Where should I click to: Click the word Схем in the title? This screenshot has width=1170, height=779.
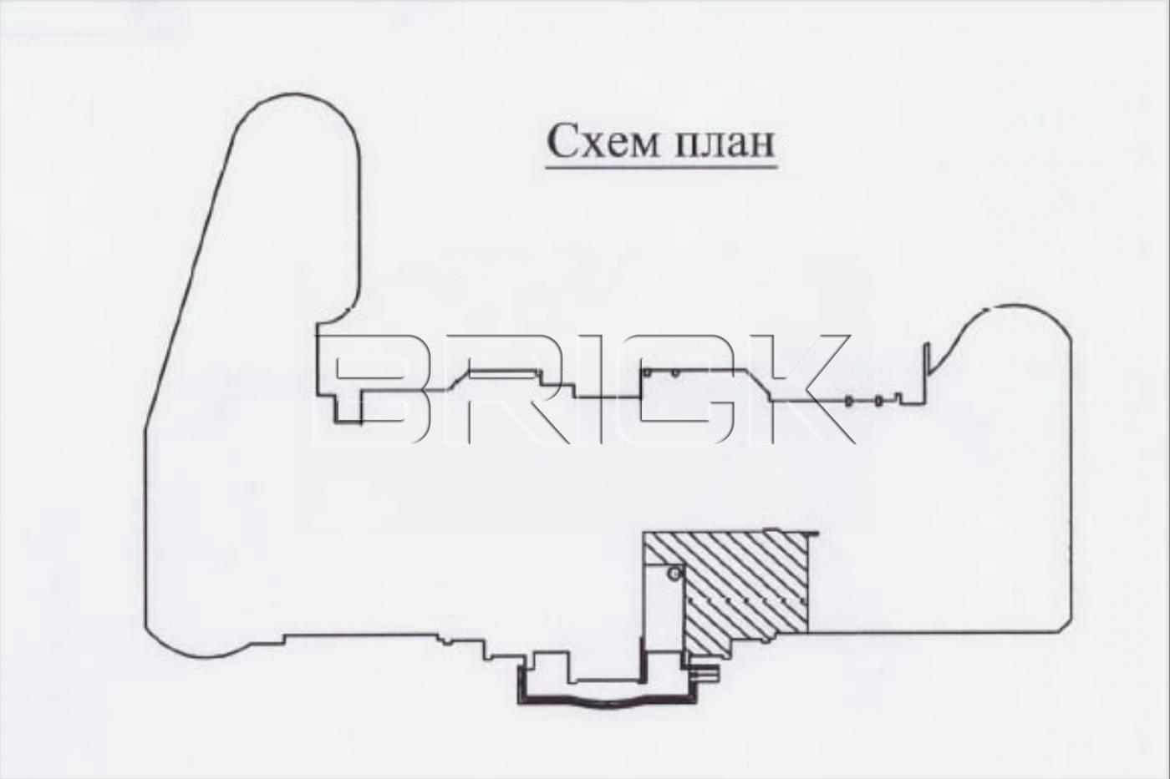coord(603,141)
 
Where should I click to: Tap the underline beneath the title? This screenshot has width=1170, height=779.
coord(662,168)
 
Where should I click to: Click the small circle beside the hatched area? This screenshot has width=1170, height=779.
coord(675,574)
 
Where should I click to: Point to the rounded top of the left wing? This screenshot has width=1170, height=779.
coord(296,95)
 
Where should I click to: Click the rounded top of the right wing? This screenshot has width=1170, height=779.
coord(1016,306)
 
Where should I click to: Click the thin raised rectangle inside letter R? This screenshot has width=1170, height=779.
coord(505,372)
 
